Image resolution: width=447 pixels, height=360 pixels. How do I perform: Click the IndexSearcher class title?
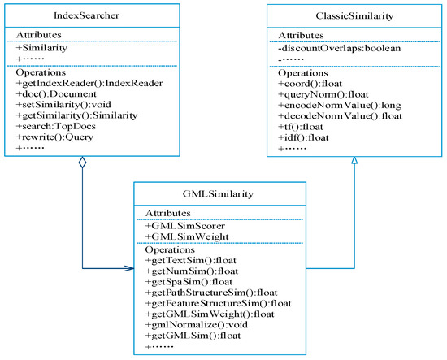[86, 15]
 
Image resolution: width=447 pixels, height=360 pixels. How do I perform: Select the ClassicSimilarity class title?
[354, 16]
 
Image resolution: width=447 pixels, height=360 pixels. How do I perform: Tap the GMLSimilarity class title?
[218, 194]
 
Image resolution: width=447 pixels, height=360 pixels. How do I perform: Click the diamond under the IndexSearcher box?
[82, 163]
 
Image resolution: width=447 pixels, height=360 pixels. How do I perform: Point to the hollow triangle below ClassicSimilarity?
[354, 160]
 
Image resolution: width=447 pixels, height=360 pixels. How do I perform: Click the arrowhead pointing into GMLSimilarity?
[129, 268]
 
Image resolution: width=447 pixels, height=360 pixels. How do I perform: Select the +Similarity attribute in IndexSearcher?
[41, 48]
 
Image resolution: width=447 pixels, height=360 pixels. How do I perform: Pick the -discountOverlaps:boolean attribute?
[340, 48]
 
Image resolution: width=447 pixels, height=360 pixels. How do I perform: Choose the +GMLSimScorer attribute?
[185, 226]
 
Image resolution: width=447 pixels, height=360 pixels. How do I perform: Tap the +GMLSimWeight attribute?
[187, 236]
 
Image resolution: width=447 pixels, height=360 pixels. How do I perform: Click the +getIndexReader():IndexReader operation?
[89, 83]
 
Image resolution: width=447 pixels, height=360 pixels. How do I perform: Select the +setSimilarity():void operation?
[63, 105]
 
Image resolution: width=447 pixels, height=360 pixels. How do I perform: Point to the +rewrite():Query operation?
[54, 137]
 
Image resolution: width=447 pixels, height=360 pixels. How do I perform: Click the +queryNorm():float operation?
[323, 94]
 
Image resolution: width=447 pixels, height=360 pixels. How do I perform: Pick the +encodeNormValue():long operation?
[340, 105]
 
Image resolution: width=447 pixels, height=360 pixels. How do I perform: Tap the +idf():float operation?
[303, 138]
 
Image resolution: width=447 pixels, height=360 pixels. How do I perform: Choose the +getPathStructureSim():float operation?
[211, 293]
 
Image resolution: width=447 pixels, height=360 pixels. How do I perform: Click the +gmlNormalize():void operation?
[197, 325]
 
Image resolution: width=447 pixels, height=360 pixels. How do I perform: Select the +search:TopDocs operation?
[56, 126]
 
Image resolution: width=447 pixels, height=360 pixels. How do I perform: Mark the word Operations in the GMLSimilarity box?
[170, 250]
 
